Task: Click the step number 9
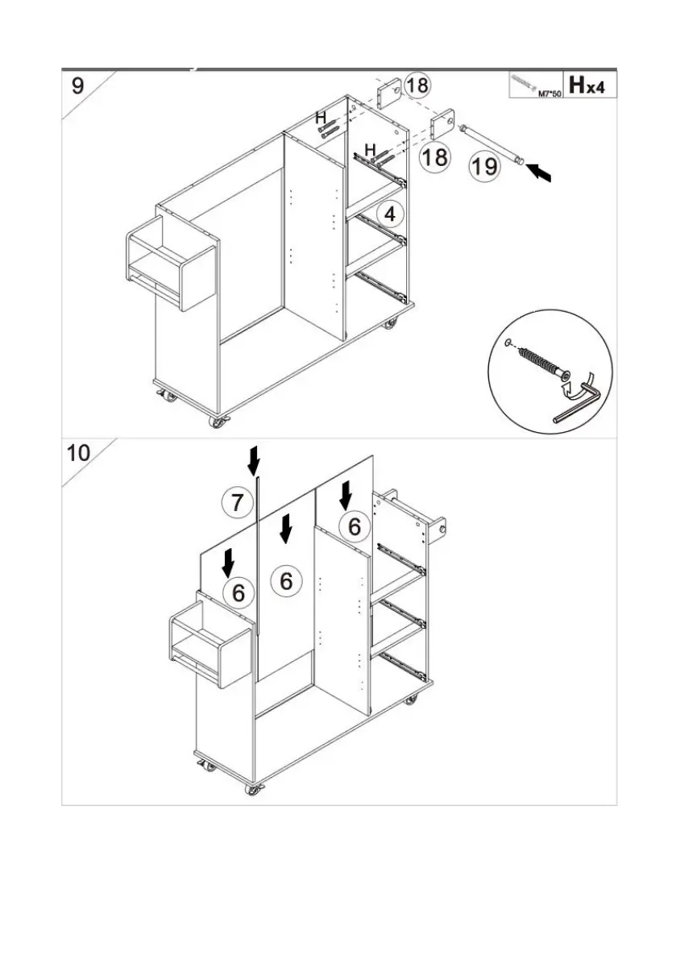pos(77,85)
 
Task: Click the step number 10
pos(79,452)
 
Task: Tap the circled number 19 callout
pos(484,167)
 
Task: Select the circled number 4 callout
pos(390,215)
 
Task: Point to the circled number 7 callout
pos(236,504)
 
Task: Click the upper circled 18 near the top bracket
pos(417,85)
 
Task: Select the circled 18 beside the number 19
pos(435,156)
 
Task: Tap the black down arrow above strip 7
pos(255,461)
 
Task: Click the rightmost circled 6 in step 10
pos(355,526)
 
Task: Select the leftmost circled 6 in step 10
pos(238,592)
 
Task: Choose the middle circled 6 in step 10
pos(288,580)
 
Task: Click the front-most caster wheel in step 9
pos(218,421)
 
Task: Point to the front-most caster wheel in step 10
pos(254,790)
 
